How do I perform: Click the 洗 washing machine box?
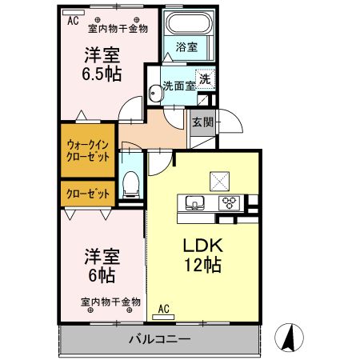(x=206, y=78)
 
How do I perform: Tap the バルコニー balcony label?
(x=159, y=339)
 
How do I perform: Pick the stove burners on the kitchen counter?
(x=229, y=202)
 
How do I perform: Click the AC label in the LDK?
(x=163, y=309)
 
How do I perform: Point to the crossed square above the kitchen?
(x=218, y=179)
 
